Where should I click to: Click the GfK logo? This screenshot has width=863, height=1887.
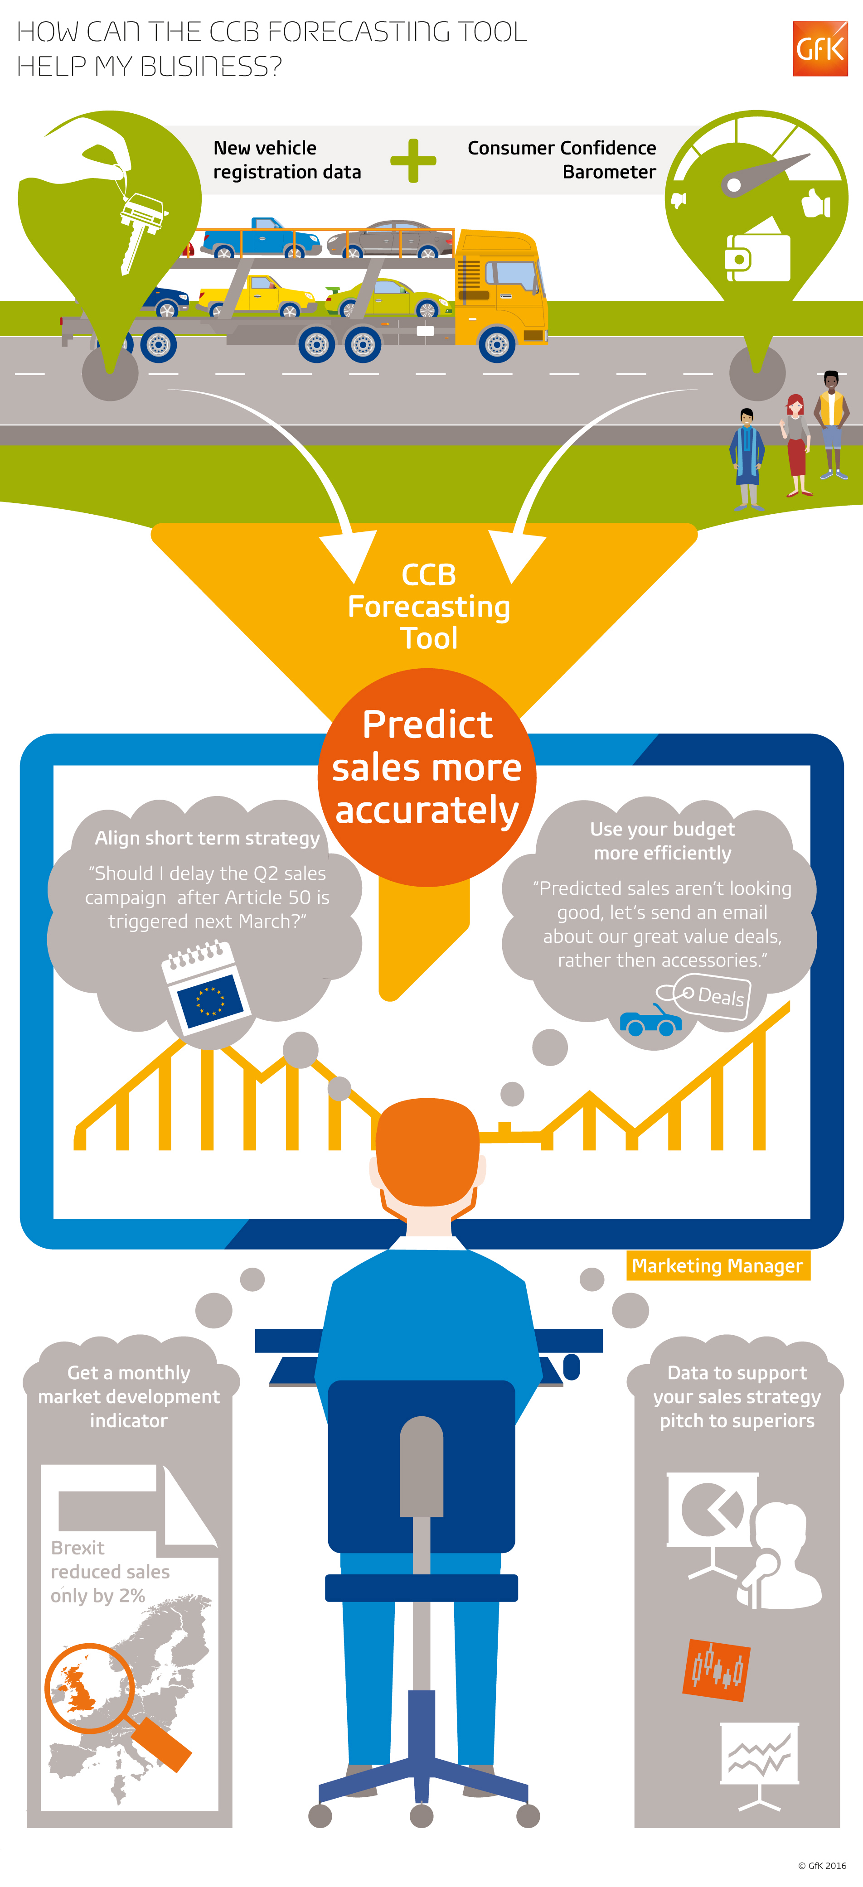pyautogui.click(x=820, y=49)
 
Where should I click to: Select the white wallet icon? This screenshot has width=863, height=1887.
pyautogui.click(x=757, y=256)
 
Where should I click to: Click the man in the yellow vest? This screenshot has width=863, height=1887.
pyautogui.click(x=831, y=425)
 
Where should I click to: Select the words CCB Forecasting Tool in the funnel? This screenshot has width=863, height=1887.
pyautogui.click(x=429, y=607)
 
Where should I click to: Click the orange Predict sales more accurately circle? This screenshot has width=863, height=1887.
pyautogui.click(x=427, y=777)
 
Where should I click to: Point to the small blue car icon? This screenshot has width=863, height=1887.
pyautogui.click(x=650, y=1020)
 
